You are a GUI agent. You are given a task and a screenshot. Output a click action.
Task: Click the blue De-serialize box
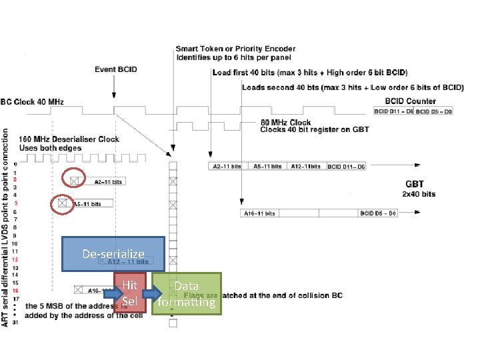(x=113, y=253)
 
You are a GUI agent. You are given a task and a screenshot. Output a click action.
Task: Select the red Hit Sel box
(x=129, y=293)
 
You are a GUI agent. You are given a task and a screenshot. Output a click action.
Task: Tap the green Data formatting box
(x=187, y=293)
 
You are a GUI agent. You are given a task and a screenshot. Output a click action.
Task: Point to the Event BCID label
(x=115, y=69)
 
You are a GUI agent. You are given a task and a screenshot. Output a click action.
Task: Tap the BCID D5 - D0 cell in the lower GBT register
(x=378, y=213)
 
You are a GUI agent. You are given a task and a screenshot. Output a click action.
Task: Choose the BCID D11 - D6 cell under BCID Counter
(x=393, y=111)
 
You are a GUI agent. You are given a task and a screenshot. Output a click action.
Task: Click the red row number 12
(x=16, y=259)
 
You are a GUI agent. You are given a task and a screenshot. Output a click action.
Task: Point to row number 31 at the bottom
(x=16, y=323)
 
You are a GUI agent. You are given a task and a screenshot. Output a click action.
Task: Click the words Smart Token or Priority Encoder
(x=235, y=49)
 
